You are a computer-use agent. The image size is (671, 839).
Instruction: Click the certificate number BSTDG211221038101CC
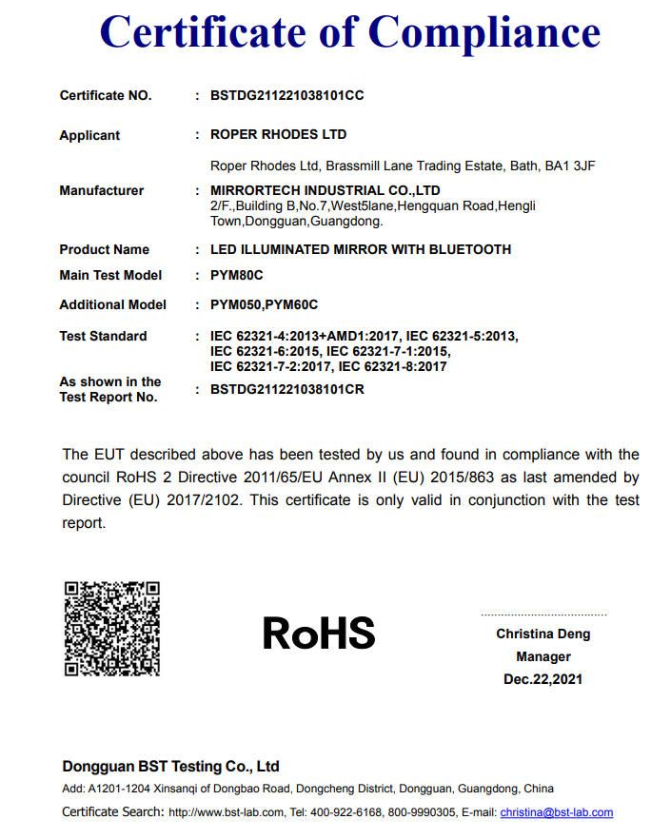[286, 96]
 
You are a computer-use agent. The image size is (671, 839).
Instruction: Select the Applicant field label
[89, 135]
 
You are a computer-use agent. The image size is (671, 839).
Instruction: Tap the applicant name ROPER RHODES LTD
[278, 135]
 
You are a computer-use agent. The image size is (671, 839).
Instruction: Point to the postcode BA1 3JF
[570, 166]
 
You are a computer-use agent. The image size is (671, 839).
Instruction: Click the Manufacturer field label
[101, 190]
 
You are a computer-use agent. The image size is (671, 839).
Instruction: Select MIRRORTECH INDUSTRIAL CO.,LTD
[325, 190]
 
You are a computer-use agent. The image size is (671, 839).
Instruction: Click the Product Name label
[104, 249]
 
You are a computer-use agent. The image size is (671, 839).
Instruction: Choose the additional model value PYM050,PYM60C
[264, 304]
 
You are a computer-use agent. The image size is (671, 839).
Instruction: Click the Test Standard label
[103, 336]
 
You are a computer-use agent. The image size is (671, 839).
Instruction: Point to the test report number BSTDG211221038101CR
[286, 389]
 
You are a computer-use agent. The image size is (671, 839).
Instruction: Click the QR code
[112, 629]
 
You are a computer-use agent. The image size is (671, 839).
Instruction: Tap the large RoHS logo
[319, 633]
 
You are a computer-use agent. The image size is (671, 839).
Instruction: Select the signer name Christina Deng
[543, 634]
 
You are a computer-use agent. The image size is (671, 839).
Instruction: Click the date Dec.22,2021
[543, 679]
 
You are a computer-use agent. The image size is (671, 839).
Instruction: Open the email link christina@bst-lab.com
[556, 812]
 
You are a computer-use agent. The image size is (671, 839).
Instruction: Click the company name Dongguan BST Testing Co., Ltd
[170, 766]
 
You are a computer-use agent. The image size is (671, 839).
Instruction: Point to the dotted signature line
[543, 615]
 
